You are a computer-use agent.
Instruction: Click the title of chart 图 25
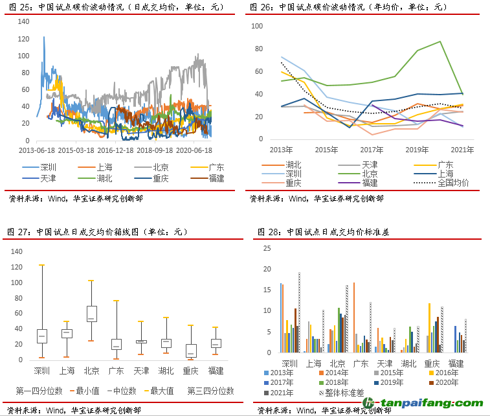(115, 7)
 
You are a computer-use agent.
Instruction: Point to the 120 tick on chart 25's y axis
(24, 39)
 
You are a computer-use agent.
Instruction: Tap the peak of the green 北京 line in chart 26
(441, 41)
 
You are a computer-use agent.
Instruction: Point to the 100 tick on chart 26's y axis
(256, 26)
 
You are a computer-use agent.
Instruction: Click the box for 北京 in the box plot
(92, 314)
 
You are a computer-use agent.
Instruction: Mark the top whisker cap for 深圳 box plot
(41, 265)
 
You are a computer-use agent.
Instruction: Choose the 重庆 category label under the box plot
(190, 371)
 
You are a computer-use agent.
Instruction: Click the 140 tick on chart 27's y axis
(17, 251)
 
